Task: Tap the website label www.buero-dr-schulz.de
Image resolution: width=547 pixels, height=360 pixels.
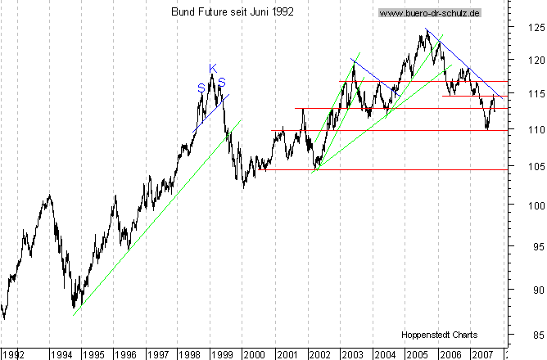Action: tap(431, 13)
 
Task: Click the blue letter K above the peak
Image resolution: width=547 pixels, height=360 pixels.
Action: tap(212, 68)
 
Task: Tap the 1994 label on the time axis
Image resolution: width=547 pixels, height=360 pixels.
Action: tap(61, 354)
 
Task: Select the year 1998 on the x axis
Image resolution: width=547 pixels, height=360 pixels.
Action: tap(189, 354)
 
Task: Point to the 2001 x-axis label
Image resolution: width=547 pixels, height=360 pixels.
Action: tap(287, 354)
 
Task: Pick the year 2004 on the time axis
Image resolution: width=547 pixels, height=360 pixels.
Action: tap(383, 354)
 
